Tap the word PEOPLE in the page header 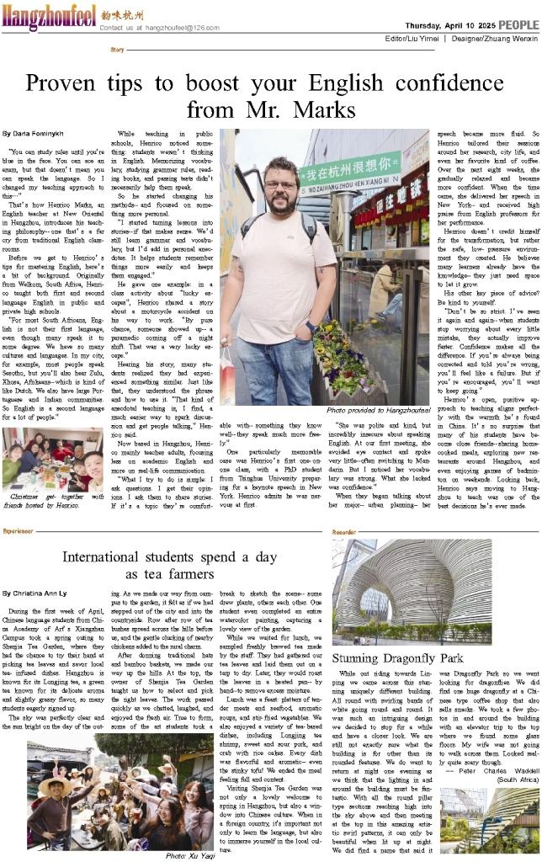click(x=518, y=27)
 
